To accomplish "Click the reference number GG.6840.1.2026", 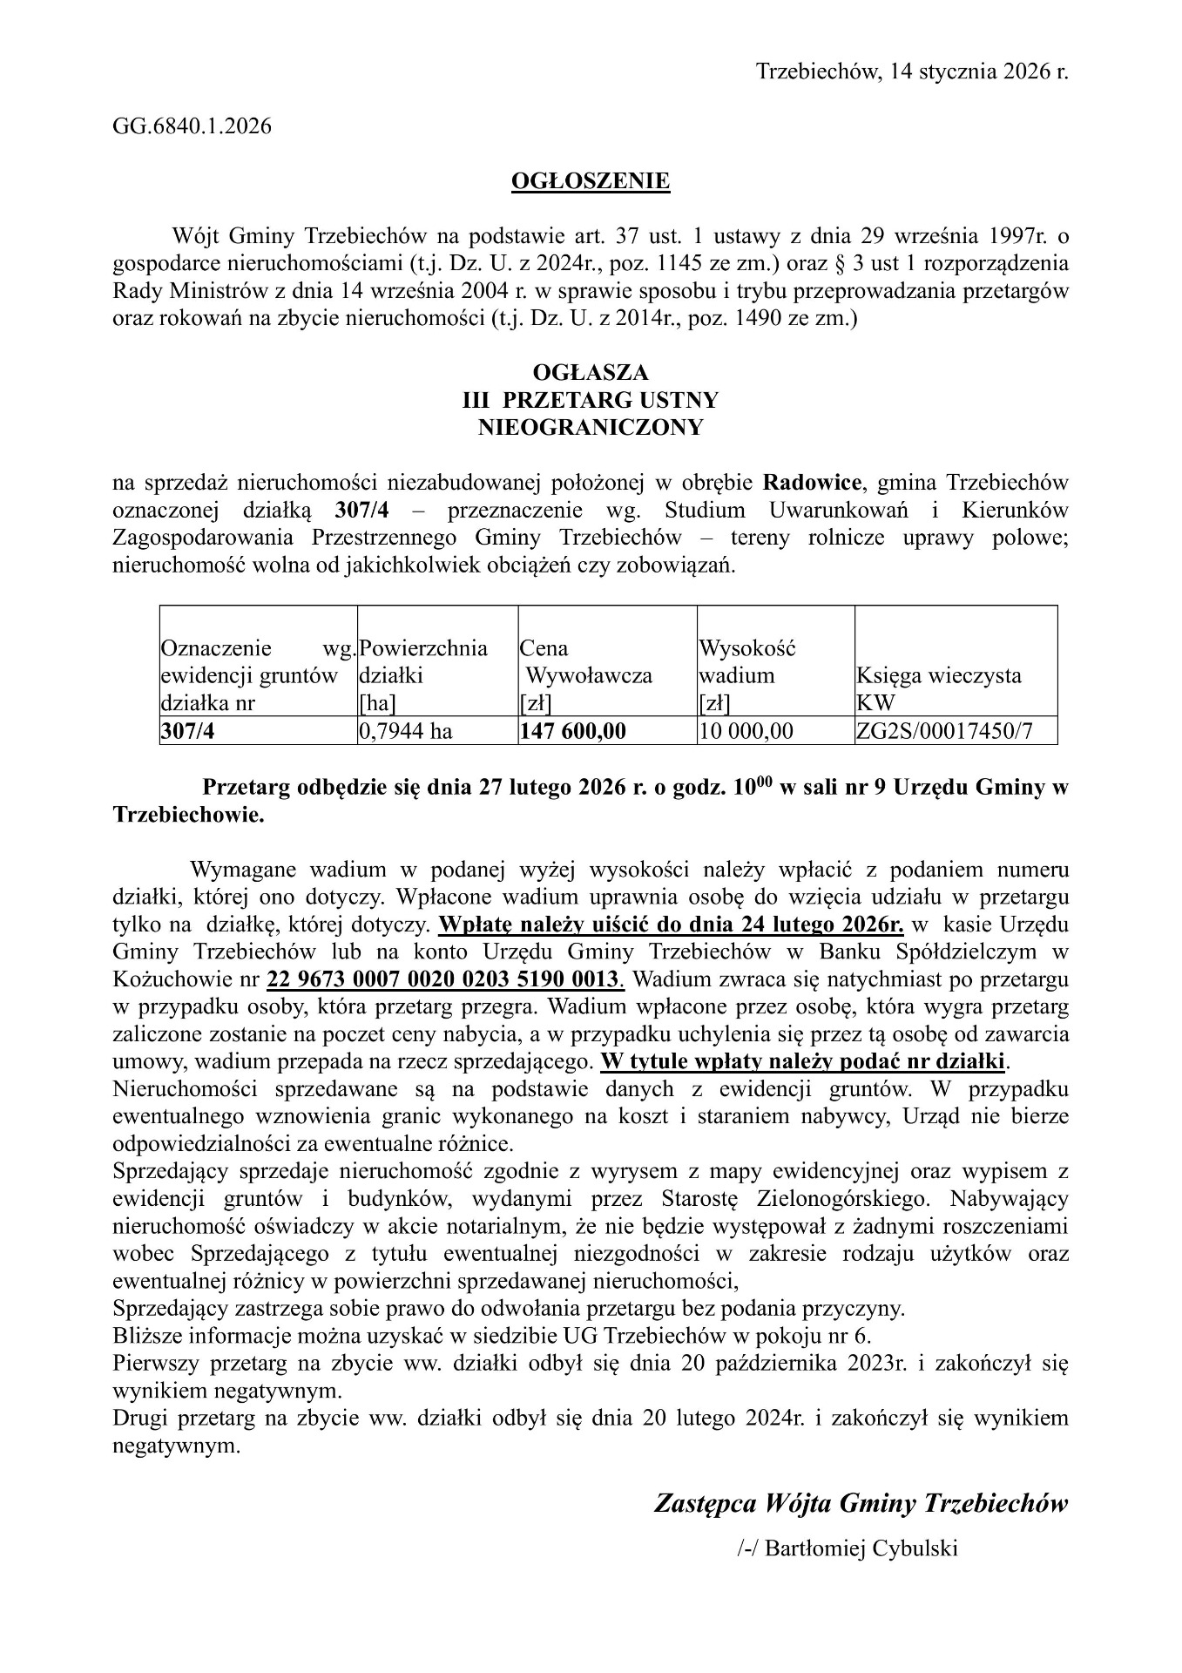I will [192, 126].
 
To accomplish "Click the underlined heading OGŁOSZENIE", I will [590, 181].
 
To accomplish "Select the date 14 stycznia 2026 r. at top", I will [975, 71].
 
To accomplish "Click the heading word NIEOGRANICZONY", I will [590, 428].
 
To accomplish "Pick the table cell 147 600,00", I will [572, 731].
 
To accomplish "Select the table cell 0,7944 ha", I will [405, 731].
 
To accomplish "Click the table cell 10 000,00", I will [746, 731].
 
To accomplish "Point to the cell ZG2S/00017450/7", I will [945, 731].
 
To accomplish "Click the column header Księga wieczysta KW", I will [939, 688].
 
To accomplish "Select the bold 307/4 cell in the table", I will [187, 731].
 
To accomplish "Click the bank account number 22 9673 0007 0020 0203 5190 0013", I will [444, 979].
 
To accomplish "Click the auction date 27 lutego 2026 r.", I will [550, 788].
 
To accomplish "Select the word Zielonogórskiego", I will [844, 1199].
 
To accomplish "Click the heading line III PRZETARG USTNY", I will [590, 400].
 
